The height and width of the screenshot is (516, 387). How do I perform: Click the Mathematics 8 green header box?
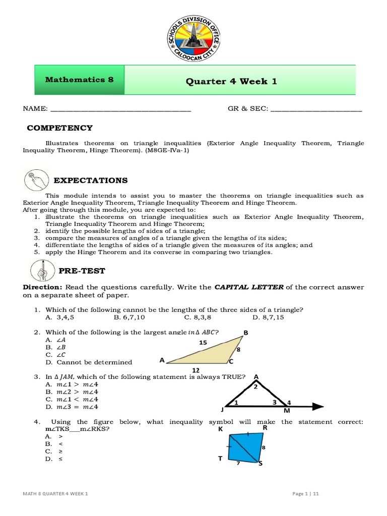(79, 80)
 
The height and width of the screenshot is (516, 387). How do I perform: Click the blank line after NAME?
(120, 109)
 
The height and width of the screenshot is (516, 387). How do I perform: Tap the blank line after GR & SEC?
(316, 109)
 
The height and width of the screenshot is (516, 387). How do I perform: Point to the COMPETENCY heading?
(59, 128)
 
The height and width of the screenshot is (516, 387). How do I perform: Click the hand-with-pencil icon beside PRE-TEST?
(40, 271)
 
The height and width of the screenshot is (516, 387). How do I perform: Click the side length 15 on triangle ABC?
(203, 343)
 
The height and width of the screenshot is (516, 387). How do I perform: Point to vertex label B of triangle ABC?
(246, 333)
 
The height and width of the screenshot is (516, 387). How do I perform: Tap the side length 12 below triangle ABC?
(196, 369)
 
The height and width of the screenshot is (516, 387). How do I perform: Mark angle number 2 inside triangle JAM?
(255, 387)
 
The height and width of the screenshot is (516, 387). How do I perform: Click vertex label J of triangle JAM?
(222, 409)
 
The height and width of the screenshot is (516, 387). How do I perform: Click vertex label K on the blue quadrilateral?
(220, 429)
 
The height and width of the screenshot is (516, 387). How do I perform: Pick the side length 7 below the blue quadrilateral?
(238, 463)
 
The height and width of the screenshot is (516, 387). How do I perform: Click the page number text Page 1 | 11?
(305, 494)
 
